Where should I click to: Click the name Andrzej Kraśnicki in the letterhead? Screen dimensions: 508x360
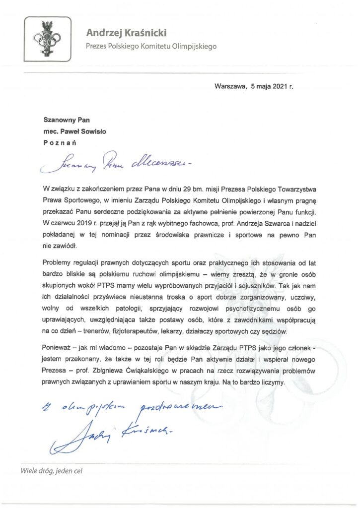(x=127, y=33)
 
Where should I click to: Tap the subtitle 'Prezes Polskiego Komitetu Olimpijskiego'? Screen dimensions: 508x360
(x=151, y=47)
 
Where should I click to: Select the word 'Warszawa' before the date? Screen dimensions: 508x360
(x=230, y=86)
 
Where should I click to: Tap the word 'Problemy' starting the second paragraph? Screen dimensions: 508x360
(x=59, y=262)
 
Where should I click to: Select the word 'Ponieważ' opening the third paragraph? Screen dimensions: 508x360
(x=59, y=349)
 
